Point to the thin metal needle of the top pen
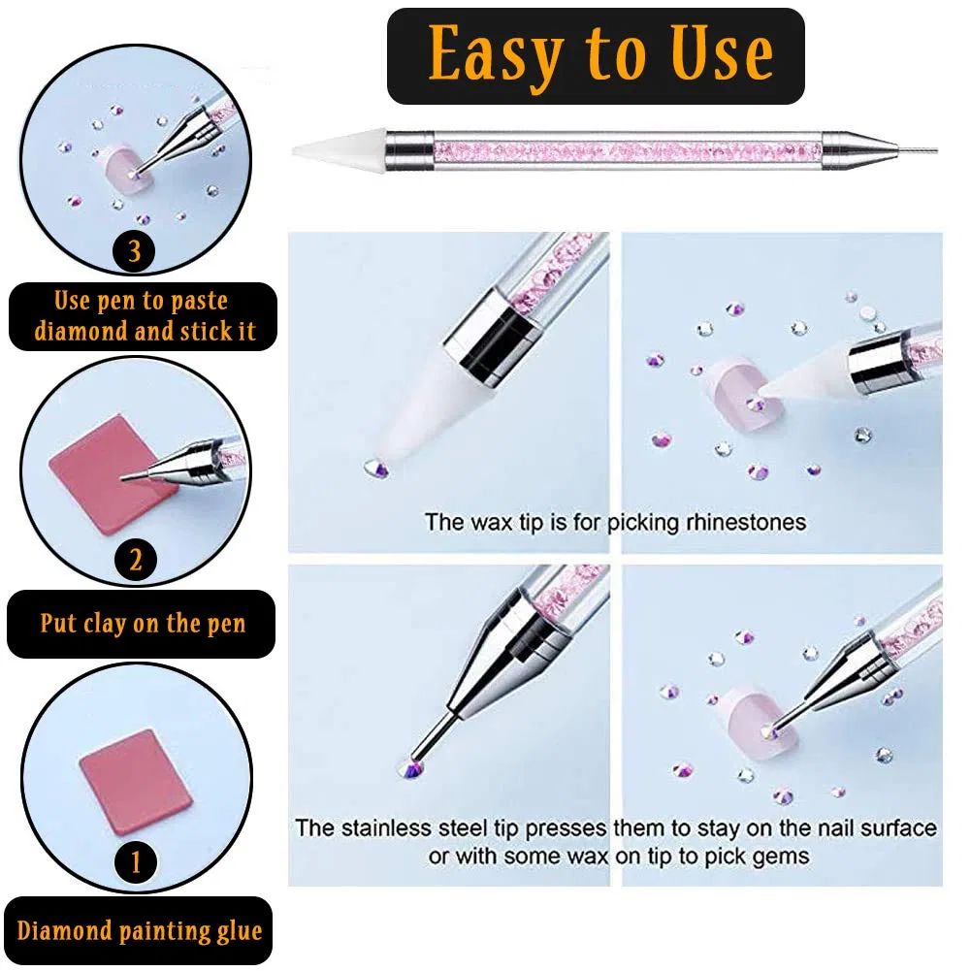pyautogui.click(x=917, y=149)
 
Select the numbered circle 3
pyautogui.click(x=135, y=251)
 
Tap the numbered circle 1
pyautogui.click(x=136, y=862)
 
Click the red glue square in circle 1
pyautogui.click(x=136, y=782)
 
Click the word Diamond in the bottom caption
pyautogui.click(x=64, y=930)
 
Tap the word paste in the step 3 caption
pyautogui.click(x=200, y=301)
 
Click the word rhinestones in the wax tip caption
pyautogui.click(x=746, y=522)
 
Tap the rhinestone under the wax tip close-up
pyautogui.click(x=376, y=469)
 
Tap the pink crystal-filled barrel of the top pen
pyautogui.click(x=628, y=149)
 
